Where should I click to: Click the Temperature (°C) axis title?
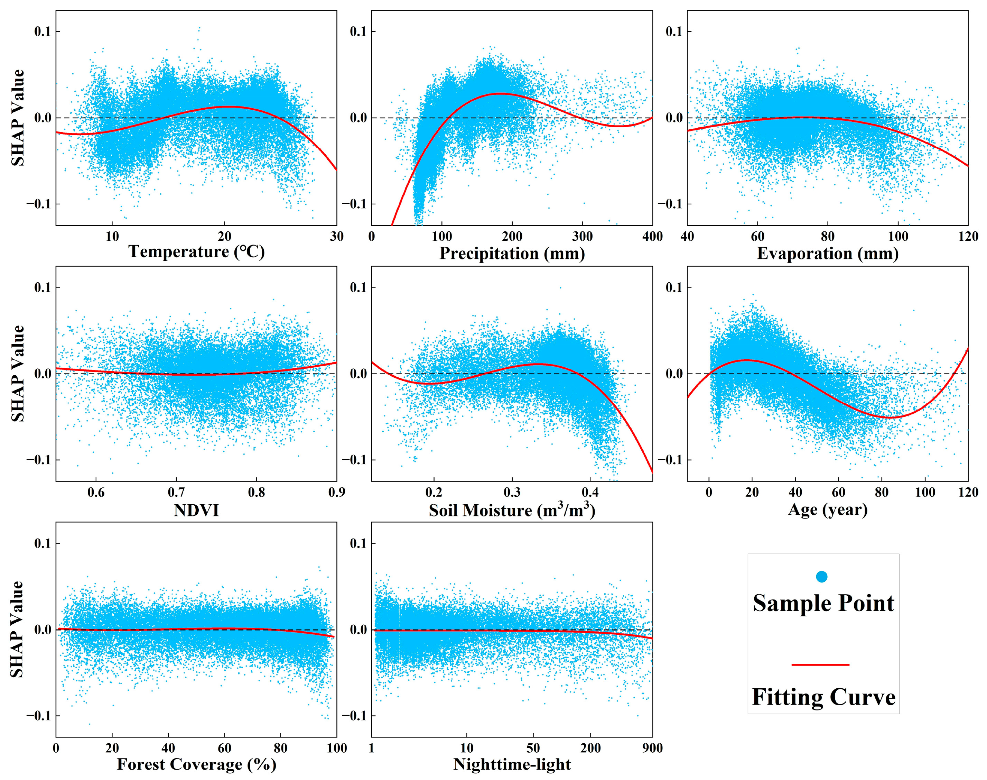click(196, 251)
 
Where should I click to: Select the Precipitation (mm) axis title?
click(512, 254)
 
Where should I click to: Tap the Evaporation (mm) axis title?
click(827, 254)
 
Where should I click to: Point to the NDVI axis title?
click(196, 510)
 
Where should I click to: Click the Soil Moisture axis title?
click(512, 510)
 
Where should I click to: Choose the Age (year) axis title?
click(827, 509)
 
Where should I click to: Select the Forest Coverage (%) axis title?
click(196, 764)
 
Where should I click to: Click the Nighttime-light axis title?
click(512, 764)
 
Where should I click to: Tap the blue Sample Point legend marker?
click(821, 577)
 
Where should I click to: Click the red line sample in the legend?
click(820, 665)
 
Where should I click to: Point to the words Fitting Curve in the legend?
click(823, 697)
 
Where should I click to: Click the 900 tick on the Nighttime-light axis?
click(652, 748)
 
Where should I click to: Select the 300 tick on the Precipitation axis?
click(582, 237)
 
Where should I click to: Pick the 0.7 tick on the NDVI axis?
click(176, 492)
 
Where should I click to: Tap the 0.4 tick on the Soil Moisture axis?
click(590, 492)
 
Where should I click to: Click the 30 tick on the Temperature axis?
click(336, 237)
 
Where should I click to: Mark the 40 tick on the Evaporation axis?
click(687, 237)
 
